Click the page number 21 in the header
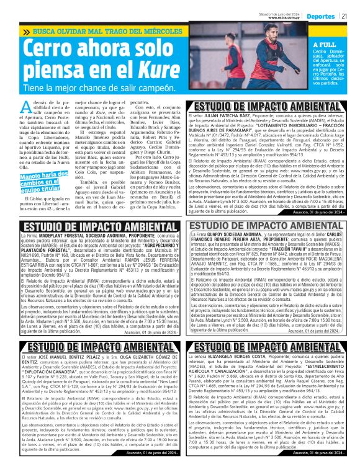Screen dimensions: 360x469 pos(344,17)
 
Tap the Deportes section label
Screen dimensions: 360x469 pos(321,17)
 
